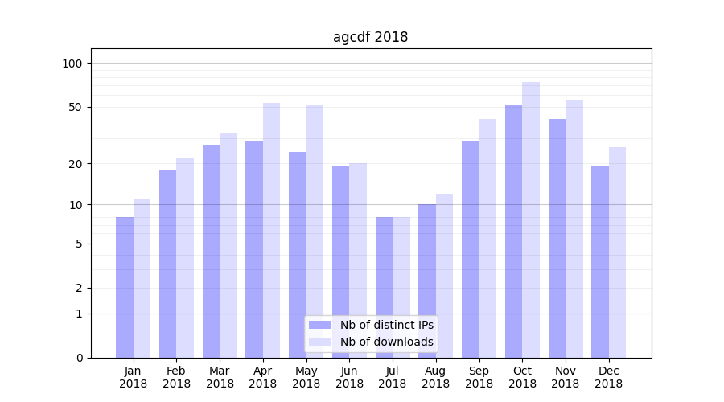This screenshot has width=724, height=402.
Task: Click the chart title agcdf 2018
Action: [370, 37]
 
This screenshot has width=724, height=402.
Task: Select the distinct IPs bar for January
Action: [125, 287]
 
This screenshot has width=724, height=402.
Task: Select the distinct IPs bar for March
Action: [211, 251]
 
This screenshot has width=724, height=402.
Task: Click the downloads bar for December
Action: [617, 252]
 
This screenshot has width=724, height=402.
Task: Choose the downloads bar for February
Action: [185, 257]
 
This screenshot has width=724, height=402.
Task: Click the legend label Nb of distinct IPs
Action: [386, 325]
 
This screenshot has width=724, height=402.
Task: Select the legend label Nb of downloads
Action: [386, 342]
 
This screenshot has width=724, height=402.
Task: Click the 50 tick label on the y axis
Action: [76, 107]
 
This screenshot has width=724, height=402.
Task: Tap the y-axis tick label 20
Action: [76, 164]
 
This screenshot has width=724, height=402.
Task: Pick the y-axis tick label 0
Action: [79, 358]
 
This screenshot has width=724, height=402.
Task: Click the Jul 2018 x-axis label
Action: [393, 377]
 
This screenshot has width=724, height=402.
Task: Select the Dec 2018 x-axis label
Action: [608, 377]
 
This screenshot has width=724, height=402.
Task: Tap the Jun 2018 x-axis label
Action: [349, 377]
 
